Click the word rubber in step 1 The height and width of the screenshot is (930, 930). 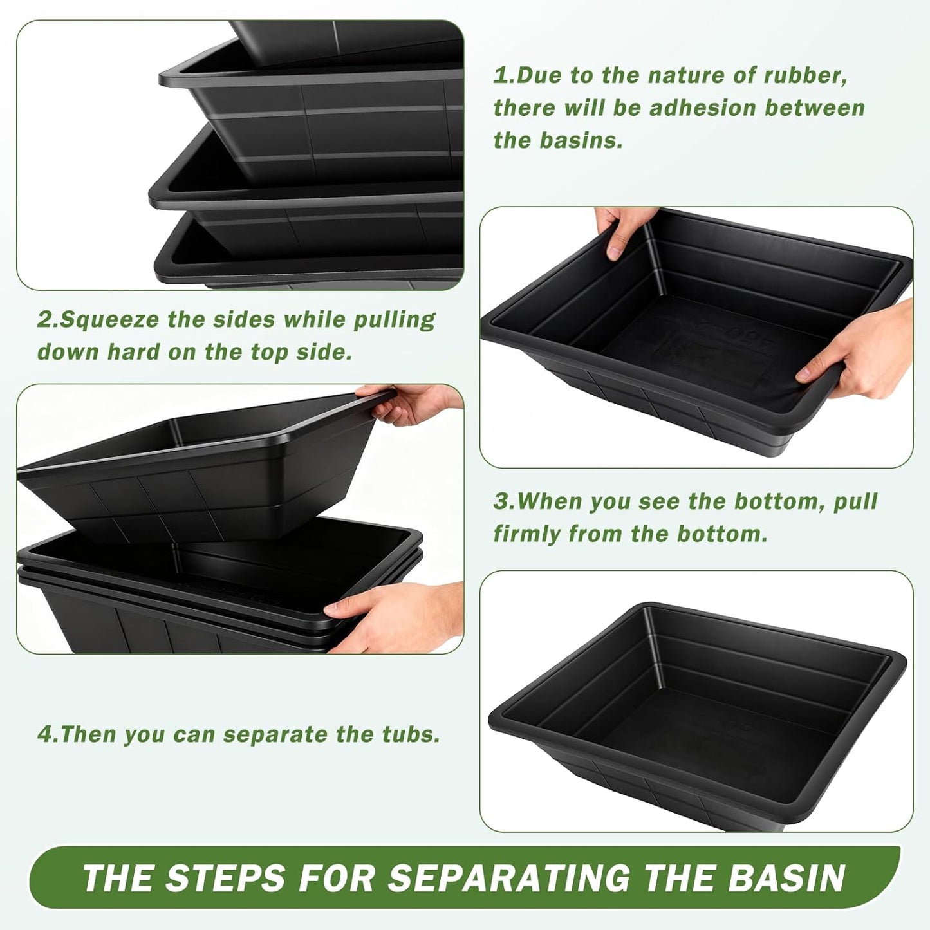804,76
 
